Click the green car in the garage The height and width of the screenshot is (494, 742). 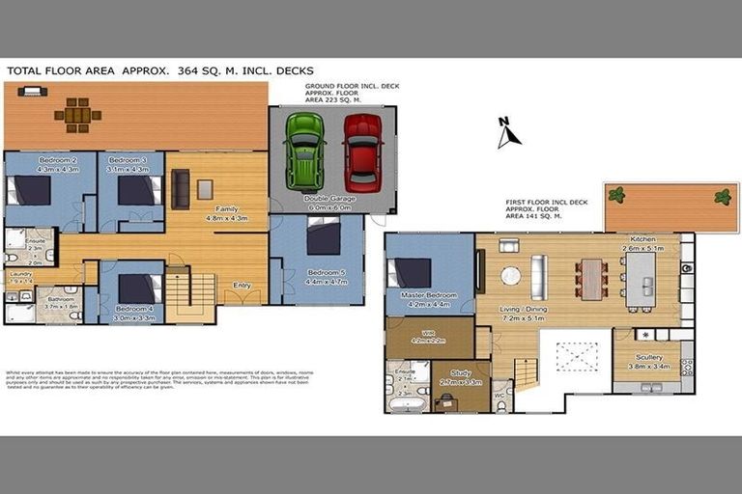point(305,151)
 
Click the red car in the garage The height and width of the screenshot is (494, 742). point(362,151)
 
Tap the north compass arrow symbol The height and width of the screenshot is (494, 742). point(507,133)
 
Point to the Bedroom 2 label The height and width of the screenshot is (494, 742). point(57,160)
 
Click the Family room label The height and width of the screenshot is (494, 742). point(227,209)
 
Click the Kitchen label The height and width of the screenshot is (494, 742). point(642,239)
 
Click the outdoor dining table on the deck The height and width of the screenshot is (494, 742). point(77,115)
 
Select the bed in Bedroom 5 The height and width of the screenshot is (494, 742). point(323,237)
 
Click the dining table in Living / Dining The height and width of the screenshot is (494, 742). point(590,278)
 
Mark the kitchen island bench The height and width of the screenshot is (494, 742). point(640,280)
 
